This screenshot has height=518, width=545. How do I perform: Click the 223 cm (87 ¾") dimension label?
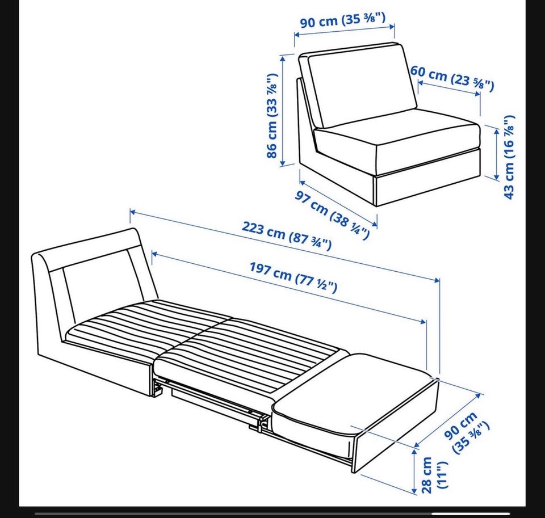pyautogui.click(x=286, y=236)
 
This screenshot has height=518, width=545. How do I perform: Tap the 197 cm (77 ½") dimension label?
pyautogui.click(x=294, y=277)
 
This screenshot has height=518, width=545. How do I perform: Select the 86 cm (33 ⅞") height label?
pyautogui.click(x=272, y=116)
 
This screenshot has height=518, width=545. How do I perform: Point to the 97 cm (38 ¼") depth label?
pyautogui.click(x=332, y=216)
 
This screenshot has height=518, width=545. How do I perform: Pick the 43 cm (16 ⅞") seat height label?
pyautogui.click(x=509, y=157)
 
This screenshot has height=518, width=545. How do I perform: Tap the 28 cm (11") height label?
pyautogui.click(x=433, y=475)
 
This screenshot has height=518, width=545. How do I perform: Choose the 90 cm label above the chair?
pyautogui.click(x=343, y=20)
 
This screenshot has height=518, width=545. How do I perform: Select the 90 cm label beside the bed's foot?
pyautogui.click(x=467, y=432)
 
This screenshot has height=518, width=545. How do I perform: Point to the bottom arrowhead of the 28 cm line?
pyautogui.click(x=414, y=490)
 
